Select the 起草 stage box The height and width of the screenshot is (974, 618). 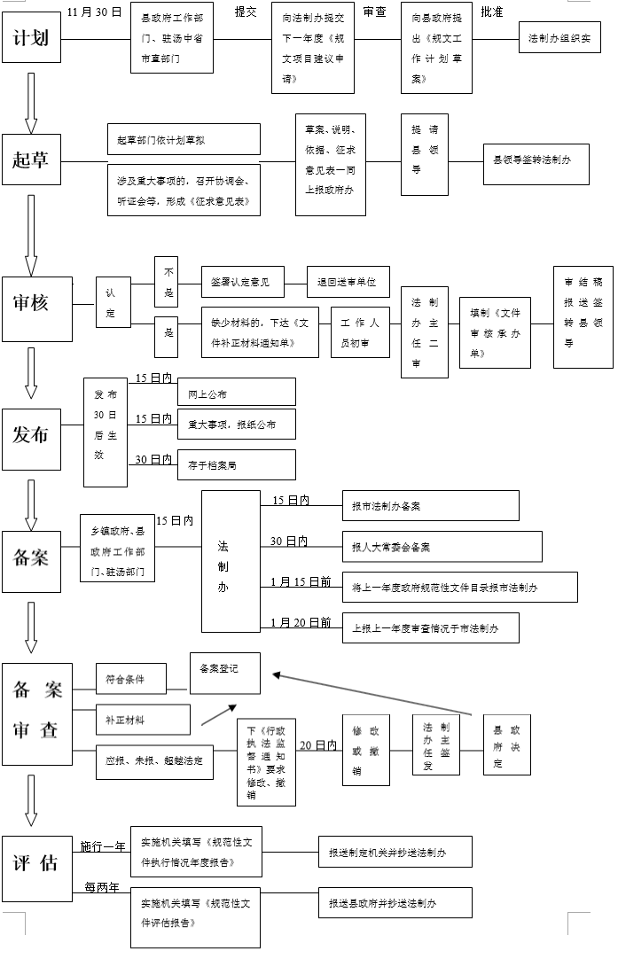pyautogui.click(x=31, y=161)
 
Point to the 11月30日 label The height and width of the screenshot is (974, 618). pyautogui.click(x=94, y=12)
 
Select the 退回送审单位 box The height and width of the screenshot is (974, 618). pyautogui.click(x=348, y=282)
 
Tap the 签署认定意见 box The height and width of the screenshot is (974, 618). pyautogui.click(x=242, y=282)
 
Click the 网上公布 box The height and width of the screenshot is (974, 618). pyautogui.click(x=236, y=393)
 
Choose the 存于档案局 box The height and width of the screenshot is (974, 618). pyautogui.click(x=236, y=464)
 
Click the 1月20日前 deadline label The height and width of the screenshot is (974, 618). pyautogui.click(x=301, y=622)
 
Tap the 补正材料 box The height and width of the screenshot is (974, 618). pyautogui.click(x=143, y=720)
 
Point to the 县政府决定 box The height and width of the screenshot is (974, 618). pyautogui.click(x=506, y=745)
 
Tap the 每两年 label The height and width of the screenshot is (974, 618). pyautogui.click(x=102, y=887)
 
